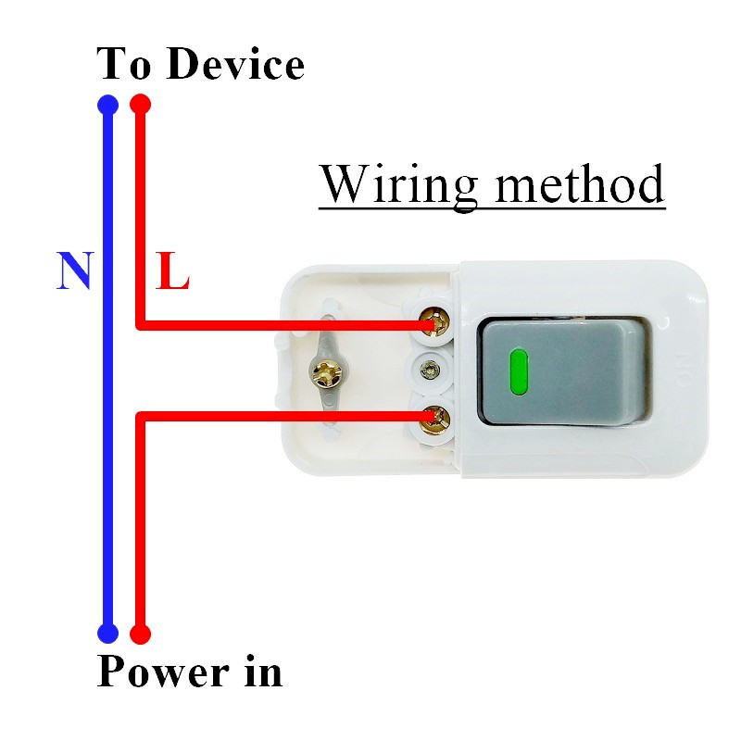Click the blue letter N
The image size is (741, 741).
click(75, 270)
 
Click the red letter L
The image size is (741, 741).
click(172, 271)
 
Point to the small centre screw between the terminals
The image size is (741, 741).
click(429, 370)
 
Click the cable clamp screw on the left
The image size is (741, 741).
click(328, 373)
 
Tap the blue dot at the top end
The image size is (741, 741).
click(107, 104)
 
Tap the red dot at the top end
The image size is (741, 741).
click(140, 104)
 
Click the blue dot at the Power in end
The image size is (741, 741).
click(107, 634)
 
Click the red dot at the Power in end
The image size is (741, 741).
click(140, 634)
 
